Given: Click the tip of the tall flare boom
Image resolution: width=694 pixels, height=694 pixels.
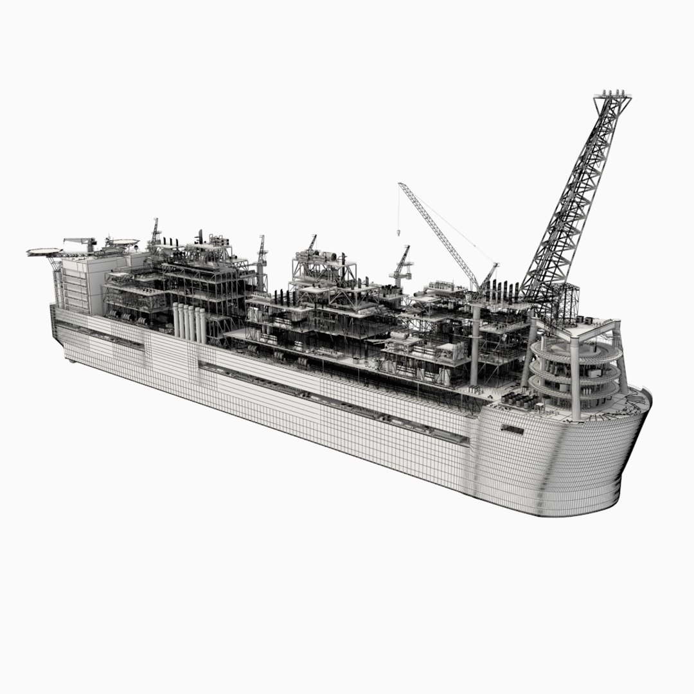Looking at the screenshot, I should point(612,96).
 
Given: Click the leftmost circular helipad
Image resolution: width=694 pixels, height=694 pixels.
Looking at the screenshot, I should point(43,251).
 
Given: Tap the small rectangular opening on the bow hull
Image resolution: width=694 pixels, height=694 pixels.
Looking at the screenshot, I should point(512,429).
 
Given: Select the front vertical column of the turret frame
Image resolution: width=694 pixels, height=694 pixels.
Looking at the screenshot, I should point(575,386).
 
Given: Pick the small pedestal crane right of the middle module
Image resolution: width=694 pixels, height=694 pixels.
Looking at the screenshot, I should point(401,267).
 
